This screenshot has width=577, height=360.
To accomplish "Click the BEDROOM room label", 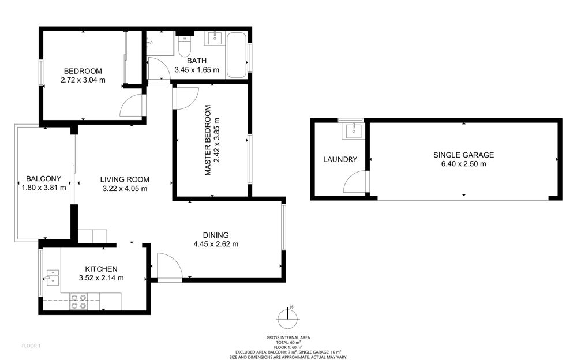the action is [83, 71].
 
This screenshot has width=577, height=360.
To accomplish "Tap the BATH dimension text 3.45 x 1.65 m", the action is [197, 70].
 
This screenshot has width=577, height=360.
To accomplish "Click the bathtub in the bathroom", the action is [236, 55].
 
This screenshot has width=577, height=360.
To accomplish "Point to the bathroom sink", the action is [214, 38].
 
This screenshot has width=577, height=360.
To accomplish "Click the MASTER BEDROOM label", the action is [208, 140].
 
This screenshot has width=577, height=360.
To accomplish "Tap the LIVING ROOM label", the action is [125, 179].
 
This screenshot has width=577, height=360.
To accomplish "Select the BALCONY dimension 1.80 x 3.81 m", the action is [44, 187].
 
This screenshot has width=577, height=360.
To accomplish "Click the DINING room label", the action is [216, 235].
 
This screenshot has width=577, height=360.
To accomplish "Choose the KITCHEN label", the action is [101, 269].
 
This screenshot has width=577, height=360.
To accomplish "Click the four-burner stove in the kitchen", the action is [78, 302].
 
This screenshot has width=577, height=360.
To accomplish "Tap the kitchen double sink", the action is [53, 278].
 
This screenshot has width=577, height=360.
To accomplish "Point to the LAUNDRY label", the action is [340, 159].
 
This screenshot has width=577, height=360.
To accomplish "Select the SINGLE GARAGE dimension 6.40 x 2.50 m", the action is [464, 164].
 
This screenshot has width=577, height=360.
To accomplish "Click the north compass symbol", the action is [287, 317].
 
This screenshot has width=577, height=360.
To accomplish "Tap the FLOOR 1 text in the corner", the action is [31, 346].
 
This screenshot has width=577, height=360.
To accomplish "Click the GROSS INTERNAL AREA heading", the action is [288, 337].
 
